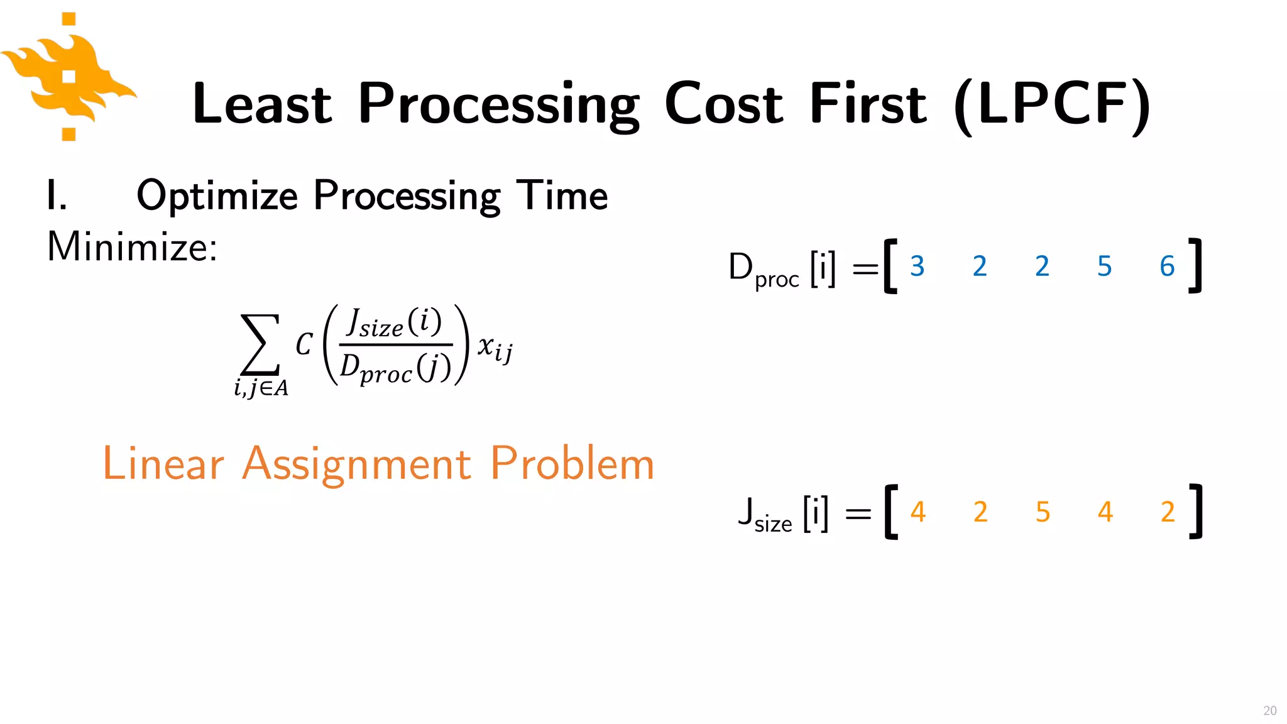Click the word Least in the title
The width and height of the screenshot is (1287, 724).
point(262,104)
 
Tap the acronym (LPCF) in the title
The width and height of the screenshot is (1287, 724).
point(1052,105)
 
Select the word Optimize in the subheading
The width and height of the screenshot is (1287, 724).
point(217,196)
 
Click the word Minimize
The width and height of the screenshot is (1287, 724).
point(132,246)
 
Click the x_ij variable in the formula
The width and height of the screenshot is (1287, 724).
point(495,348)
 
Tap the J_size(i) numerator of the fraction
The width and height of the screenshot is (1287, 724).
point(395,323)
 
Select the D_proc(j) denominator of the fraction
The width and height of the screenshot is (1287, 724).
point(395,368)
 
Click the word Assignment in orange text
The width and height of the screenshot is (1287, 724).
point(356,464)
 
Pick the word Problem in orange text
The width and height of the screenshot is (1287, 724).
point(572,464)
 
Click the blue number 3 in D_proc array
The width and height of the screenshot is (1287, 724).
point(917,266)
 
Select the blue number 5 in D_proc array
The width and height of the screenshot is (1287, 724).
point(1104,266)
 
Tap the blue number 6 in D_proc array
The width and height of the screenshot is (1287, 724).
point(1167,266)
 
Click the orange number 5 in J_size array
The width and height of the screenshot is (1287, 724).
point(1043,512)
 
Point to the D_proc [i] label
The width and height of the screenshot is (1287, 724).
point(782,268)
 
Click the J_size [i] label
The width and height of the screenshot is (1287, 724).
point(783,513)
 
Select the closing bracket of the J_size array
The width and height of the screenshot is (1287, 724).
point(1195,512)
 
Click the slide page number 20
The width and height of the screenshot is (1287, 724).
point(1269,710)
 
